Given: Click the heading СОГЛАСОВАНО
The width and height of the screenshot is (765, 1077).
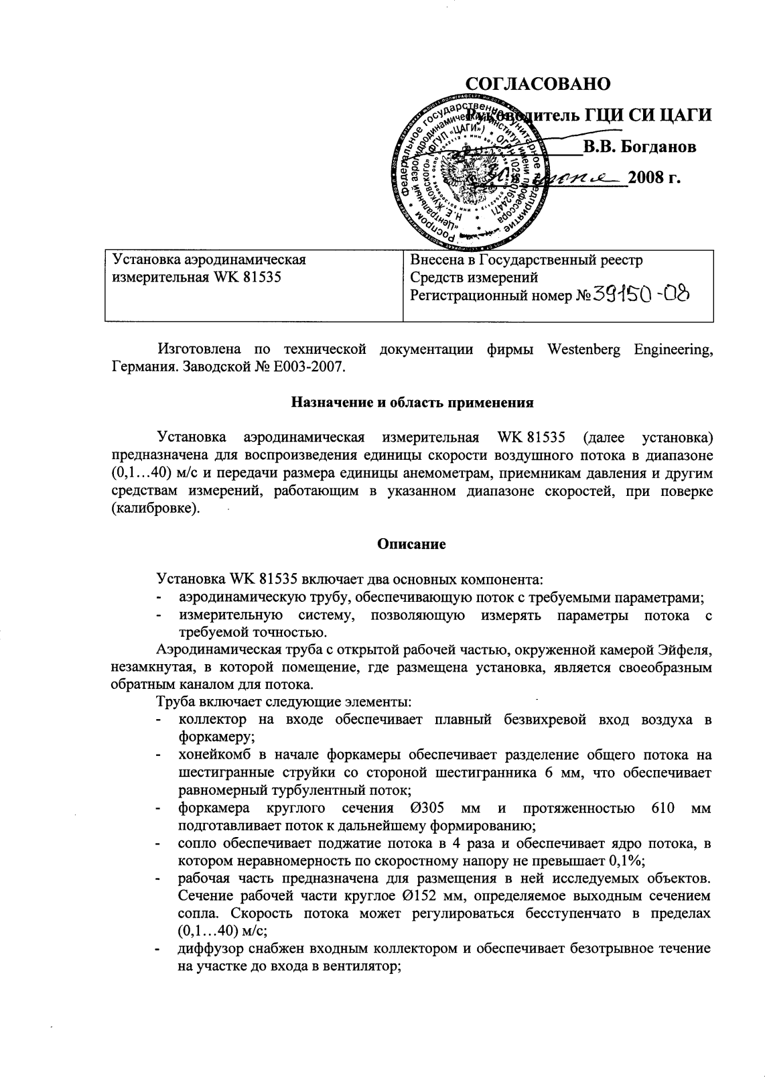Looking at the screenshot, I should (x=538, y=84).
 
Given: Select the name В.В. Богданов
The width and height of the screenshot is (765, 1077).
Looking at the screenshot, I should (x=638, y=147).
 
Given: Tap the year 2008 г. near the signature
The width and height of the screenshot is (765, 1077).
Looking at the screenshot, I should (x=654, y=178).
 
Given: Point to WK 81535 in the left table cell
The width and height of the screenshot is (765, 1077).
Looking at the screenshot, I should (x=247, y=277).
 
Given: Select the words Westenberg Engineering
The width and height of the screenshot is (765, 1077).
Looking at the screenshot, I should (x=629, y=349).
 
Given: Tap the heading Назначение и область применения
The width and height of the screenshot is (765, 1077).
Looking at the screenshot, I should (x=412, y=403).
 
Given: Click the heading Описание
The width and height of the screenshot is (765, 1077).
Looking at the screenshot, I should (x=411, y=544).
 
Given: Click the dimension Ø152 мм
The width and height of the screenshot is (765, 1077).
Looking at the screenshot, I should (x=449, y=896).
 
